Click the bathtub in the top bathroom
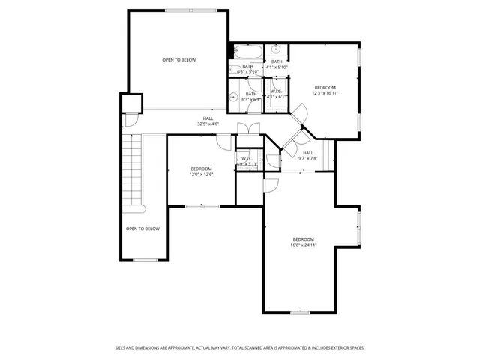tap(246, 52)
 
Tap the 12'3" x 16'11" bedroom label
tap(325, 90)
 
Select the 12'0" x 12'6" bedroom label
tap(201, 171)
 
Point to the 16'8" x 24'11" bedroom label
tap(304, 241)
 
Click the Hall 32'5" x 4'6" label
tap(208, 121)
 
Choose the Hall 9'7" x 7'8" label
tap(308, 155)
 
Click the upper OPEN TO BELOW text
tap(179, 59)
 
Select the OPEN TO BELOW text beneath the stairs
tap(142, 229)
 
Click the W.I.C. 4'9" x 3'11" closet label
tap(247, 161)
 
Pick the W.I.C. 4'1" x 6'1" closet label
tap(277, 94)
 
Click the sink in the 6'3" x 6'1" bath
tap(234, 97)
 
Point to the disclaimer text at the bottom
tap(239, 347)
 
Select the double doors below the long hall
tap(249, 128)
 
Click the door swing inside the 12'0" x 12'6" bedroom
tap(224, 142)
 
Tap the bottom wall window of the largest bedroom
tap(300, 312)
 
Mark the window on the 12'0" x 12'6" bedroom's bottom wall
tap(202, 205)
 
